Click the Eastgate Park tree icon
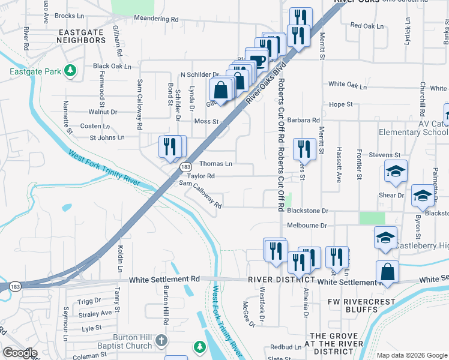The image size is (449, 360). pos(71,71)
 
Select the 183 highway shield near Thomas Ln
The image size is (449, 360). pos(186,166)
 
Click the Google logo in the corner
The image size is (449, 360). pos(19,353)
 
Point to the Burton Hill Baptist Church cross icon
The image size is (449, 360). pos(160,341)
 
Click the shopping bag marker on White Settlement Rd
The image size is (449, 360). pos(387,271)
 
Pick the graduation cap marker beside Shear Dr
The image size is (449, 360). pos(423,195)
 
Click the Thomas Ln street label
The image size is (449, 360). pos(215,164)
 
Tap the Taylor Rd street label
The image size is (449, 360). pos(200,176)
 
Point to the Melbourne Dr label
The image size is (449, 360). pos(306,226)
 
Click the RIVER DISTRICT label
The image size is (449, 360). pos(282,280)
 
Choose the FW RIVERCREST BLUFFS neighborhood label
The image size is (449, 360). pos(362,305)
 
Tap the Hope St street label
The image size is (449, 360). pos(341,104)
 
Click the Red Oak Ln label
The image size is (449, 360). pos(366,26)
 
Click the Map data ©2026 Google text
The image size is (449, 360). pos(411,355)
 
